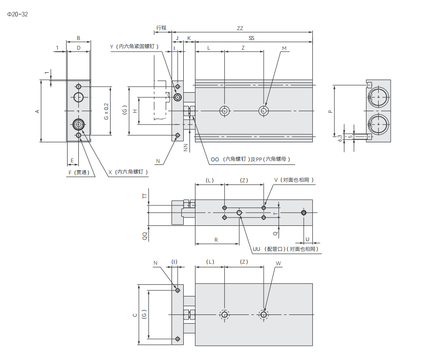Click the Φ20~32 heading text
pyautogui.click(x=17, y=14)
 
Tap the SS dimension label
pyautogui.click(x=251, y=38)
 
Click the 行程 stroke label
pyautogui.click(x=161, y=28)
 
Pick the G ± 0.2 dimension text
pyautogui.click(x=106, y=111)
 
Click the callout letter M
pyautogui.click(x=284, y=48)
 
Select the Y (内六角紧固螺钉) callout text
pyautogui.click(x=134, y=47)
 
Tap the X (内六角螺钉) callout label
pyautogui.click(x=128, y=173)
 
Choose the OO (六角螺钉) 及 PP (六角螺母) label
pyautogui.click(x=250, y=160)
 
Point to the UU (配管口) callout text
pyautogui.click(x=285, y=249)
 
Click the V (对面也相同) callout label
pyautogui.click(x=294, y=180)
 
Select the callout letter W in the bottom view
pyautogui.click(x=278, y=263)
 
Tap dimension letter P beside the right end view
pyautogui.click(x=330, y=111)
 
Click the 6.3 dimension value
pyautogui.click(x=340, y=138)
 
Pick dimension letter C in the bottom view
pyautogui.click(x=135, y=315)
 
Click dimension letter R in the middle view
pyautogui.click(x=216, y=239)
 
